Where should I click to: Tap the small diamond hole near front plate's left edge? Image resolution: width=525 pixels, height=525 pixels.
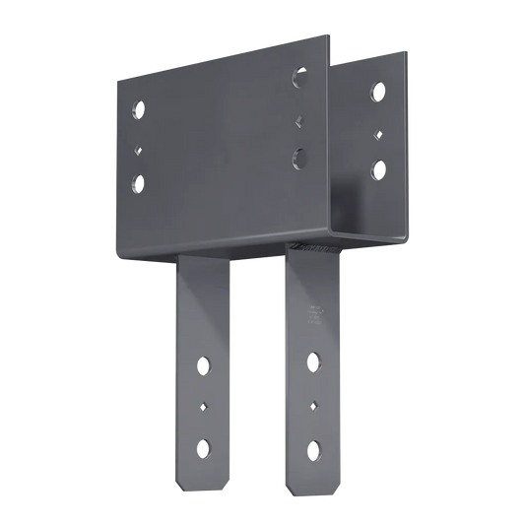pos(136,151)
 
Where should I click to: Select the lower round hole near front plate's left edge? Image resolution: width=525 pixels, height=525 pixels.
pos(136,182)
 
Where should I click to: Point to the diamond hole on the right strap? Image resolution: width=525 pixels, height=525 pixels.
pos(314,404)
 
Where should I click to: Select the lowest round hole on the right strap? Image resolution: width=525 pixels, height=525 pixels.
pos(314,444)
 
